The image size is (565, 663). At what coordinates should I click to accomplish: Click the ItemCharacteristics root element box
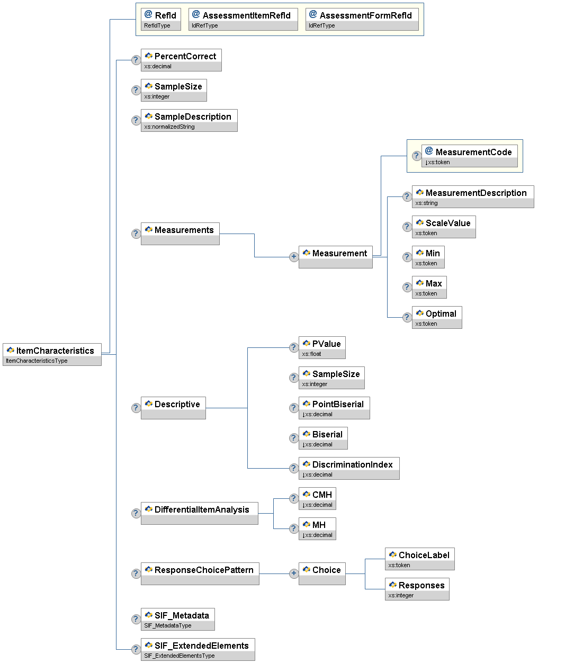coord(52,354)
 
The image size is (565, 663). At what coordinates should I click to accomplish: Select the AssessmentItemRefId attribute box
coord(243,19)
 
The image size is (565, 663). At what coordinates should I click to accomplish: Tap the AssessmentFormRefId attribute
coord(362,19)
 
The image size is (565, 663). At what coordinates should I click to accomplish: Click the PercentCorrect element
coord(181,60)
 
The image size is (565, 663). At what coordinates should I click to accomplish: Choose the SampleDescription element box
coord(189,120)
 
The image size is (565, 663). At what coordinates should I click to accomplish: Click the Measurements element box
coord(180,234)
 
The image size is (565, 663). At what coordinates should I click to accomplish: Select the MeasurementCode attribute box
coord(470,156)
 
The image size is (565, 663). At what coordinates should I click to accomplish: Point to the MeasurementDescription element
coord(473,196)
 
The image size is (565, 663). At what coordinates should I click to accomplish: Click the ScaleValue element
coord(444,227)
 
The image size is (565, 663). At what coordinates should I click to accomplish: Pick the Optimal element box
coord(437,317)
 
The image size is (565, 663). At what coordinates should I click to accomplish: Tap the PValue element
coord(322,347)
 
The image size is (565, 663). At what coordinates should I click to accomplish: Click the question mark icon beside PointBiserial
coord(294,408)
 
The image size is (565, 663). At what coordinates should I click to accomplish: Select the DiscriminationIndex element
coord(349,468)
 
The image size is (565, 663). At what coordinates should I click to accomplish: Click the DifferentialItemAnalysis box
coord(199,513)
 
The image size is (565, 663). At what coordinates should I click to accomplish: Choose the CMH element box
coord(317,498)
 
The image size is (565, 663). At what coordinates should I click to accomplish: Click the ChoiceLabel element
coord(419,559)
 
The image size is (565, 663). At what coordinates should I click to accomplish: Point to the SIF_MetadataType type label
coord(168,625)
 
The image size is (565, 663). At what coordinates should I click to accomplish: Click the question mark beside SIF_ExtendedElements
coord(136,649)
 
